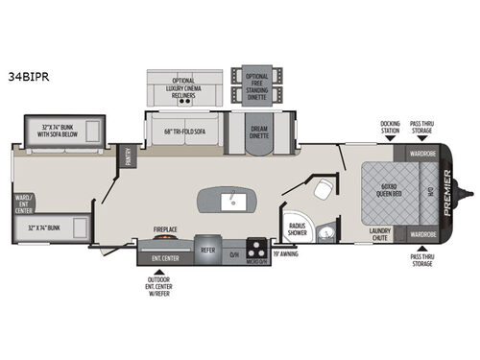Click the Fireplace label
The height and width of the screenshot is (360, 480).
point(167,229)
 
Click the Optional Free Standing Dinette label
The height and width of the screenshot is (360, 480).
point(257,85)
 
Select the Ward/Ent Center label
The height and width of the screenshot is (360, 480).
point(23,203)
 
